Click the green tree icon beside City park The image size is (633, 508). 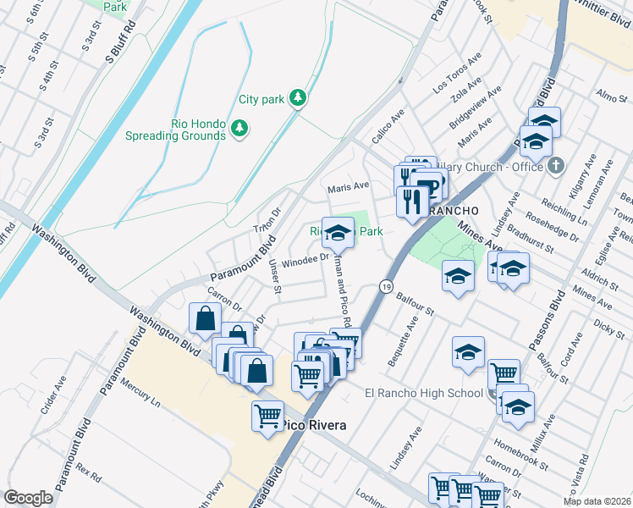pos(297,99)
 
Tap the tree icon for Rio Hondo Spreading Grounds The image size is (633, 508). pos(240,128)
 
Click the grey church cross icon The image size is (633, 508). pos(555,165)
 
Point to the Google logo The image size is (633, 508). pos(28,498)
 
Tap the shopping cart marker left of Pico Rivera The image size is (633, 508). pos(268,416)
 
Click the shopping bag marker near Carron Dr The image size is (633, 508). pos(206,319)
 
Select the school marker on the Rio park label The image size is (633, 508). pos(338,232)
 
